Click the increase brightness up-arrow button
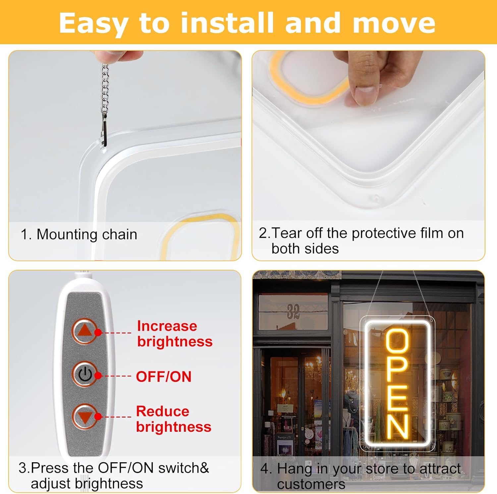click(x=85, y=331)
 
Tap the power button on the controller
click(x=85, y=374)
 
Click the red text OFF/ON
click(x=164, y=377)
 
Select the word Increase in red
click(x=167, y=326)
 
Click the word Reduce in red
click(x=162, y=412)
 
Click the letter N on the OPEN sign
click(x=397, y=427)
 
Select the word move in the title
click(x=394, y=23)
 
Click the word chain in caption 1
click(x=120, y=234)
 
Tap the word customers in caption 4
click(x=311, y=484)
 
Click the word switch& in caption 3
click(x=184, y=468)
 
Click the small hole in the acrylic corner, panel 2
click(x=375, y=198)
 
